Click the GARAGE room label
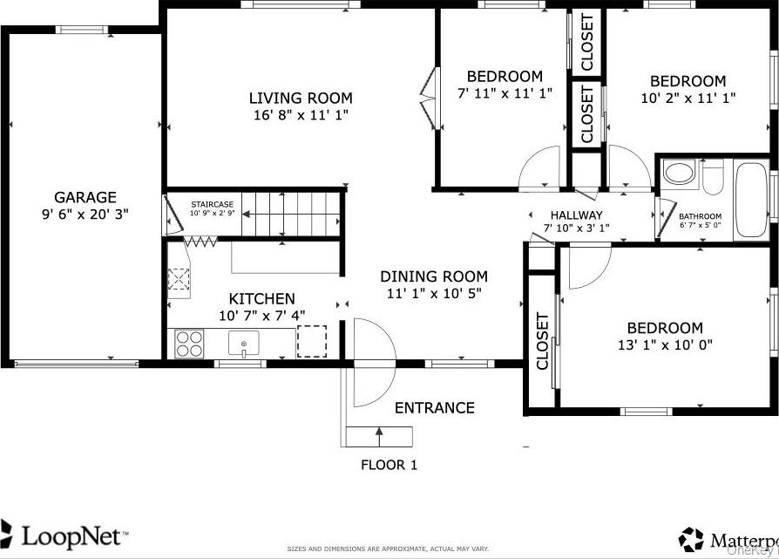click(x=85, y=197)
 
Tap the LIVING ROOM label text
click(x=301, y=98)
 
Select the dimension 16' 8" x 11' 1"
click(x=301, y=114)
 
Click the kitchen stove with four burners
click(x=189, y=344)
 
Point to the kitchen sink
click(x=244, y=344)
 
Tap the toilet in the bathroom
click(x=713, y=178)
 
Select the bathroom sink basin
click(x=678, y=173)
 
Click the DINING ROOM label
click(x=433, y=276)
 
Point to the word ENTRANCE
click(x=434, y=407)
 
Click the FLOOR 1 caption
click(x=389, y=465)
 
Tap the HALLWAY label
click(x=576, y=215)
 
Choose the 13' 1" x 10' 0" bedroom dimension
click(x=664, y=344)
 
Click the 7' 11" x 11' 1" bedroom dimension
click(x=505, y=92)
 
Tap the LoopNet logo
click(x=65, y=534)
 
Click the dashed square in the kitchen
click(x=312, y=341)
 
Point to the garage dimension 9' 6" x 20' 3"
click(x=85, y=214)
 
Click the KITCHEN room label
click(x=261, y=298)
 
